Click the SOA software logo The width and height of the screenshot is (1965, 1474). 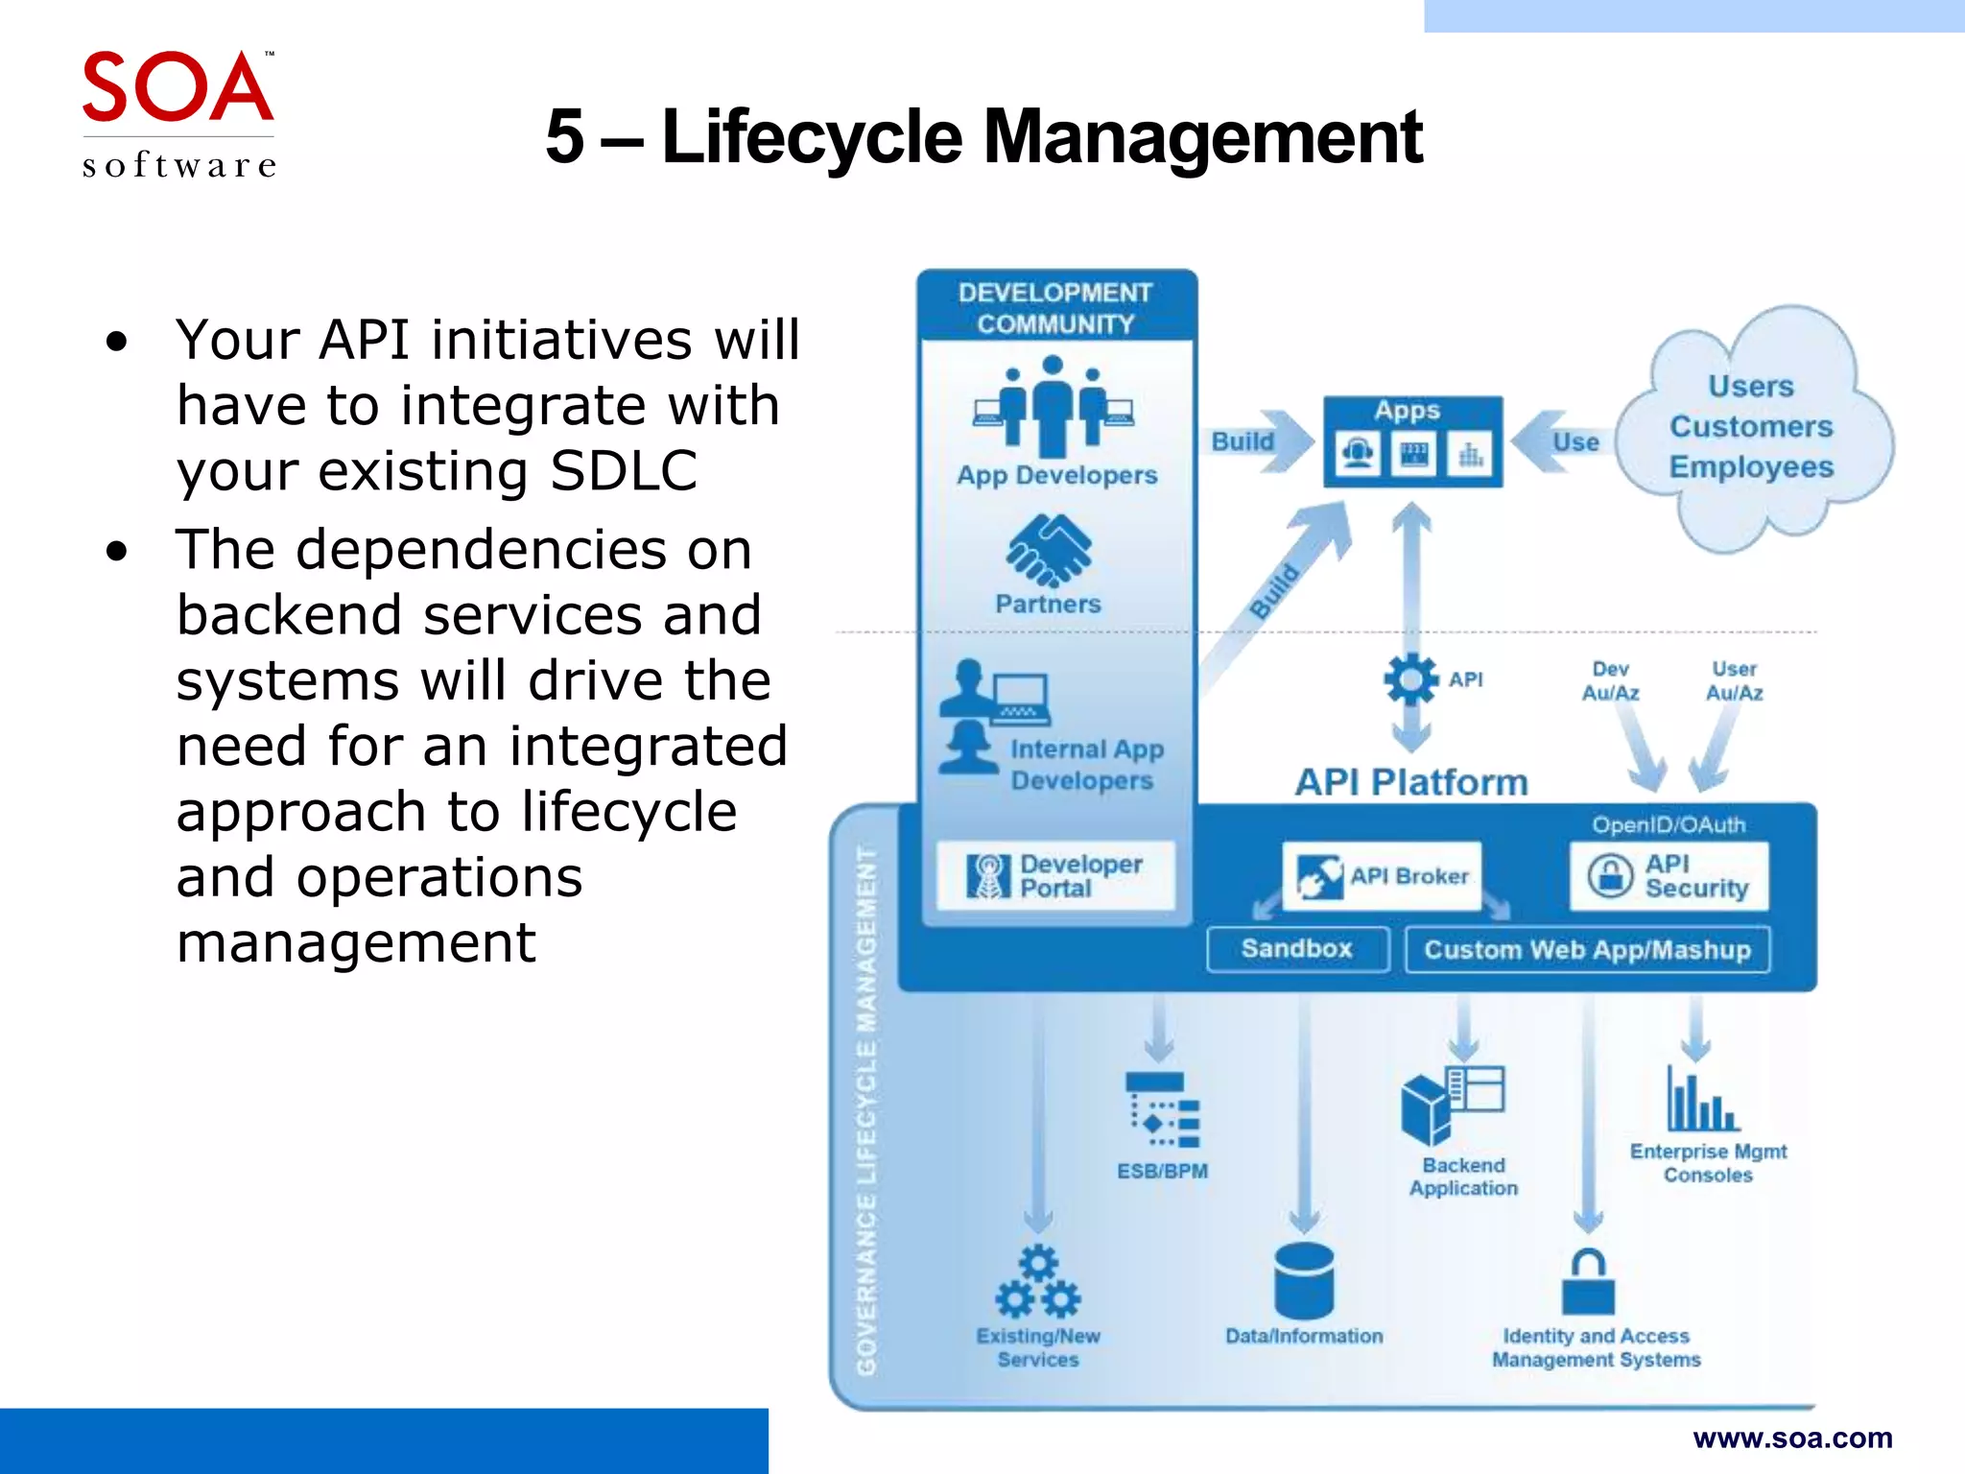(x=178, y=113)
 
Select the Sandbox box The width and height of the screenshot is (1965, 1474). (x=1296, y=949)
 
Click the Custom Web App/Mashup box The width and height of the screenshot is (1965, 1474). (x=1587, y=950)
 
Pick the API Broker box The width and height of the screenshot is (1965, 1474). (x=1382, y=875)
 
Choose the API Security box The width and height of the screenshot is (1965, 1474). (x=1669, y=875)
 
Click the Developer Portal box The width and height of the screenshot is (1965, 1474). (x=1055, y=875)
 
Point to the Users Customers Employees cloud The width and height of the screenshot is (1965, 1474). (x=1751, y=427)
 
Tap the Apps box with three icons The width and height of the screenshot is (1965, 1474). (x=1412, y=442)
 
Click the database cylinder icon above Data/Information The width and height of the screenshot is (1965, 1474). (x=1304, y=1280)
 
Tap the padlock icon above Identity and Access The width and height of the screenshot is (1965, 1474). (x=1588, y=1282)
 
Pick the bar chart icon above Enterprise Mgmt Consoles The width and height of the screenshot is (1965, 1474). (x=1702, y=1101)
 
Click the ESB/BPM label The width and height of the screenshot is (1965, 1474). (x=1162, y=1171)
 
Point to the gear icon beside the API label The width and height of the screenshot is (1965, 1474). (x=1410, y=679)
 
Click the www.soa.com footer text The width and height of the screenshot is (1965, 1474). (x=1792, y=1438)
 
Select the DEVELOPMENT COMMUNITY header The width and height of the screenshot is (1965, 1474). (x=1055, y=307)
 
